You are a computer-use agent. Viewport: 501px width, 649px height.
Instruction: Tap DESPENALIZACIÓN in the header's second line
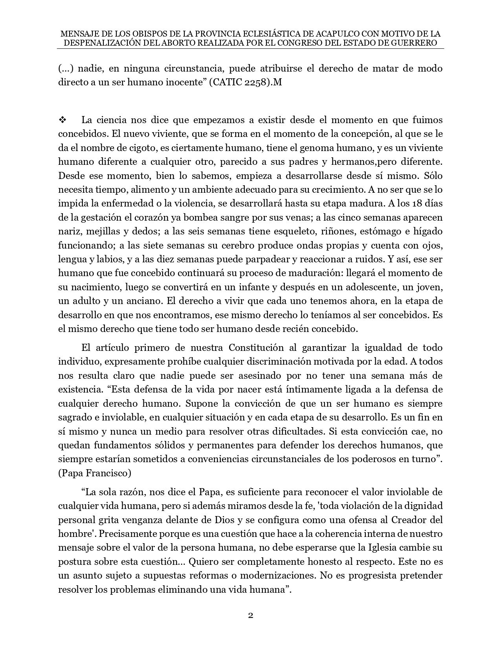[100, 43]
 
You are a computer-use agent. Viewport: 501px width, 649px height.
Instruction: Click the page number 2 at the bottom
[250, 616]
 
